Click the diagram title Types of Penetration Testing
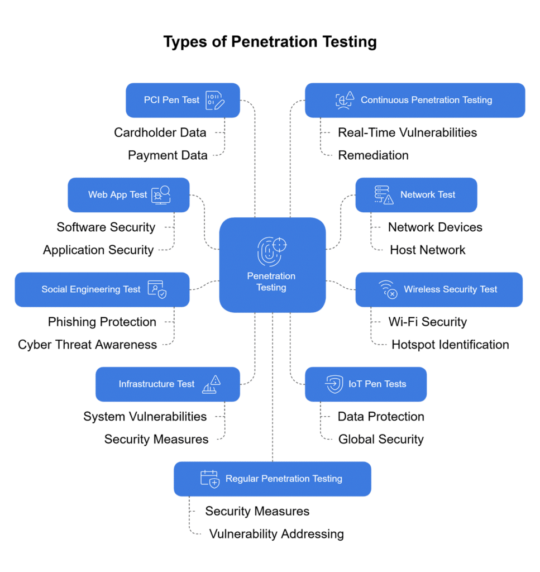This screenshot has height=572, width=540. click(x=270, y=42)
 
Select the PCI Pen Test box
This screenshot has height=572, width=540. click(x=183, y=101)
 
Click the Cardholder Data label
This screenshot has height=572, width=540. click(x=160, y=133)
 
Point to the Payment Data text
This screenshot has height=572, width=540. click(x=168, y=155)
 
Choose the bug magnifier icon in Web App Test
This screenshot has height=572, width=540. click(x=161, y=195)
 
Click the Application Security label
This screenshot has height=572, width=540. click(x=98, y=250)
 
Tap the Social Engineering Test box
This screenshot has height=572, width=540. click(x=102, y=289)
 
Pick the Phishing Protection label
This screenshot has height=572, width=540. click(x=102, y=322)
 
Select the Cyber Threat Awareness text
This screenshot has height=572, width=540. click(x=87, y=345)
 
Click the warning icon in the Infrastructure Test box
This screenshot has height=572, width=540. click(x=211, y=384)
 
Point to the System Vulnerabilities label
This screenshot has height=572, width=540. click(x=145, y=417)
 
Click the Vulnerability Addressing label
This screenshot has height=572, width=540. click(x=276, y=534)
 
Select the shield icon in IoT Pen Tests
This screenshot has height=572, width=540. click(x=334, y=384)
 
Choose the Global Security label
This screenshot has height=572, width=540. click(x=381, y=440)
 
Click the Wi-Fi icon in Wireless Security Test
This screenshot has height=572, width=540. click(x=388, y=289)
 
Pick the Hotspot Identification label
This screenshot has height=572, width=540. click(x=450, y=345)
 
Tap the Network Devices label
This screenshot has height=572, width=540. click(x=435, y=227)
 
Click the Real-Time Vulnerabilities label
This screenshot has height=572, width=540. click(x=407, y=133)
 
